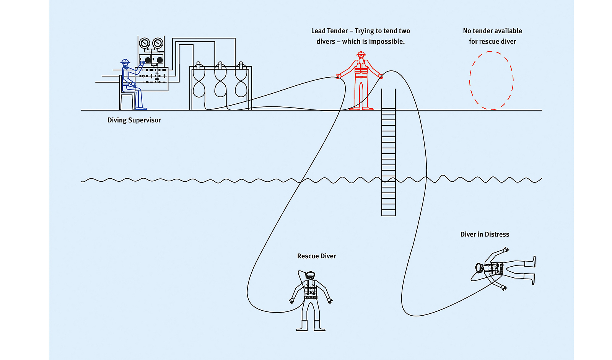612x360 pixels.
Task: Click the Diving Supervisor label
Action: pos(134,120)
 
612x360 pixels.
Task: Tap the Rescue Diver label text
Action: pos(316,256)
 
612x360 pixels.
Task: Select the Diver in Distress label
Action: pos(485,235)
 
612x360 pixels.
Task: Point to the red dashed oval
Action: pos(492,80)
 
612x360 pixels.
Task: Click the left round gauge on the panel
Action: pos(145,43)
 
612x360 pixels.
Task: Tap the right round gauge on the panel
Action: pos(158,43)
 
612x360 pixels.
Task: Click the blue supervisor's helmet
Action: pos(125,61)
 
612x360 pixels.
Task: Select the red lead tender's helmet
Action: pos(361,54)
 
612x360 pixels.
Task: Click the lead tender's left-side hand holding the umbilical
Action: pos(339,77)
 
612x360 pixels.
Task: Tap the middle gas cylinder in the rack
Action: pos(220,80)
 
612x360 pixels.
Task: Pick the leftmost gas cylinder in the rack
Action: pos(199,80)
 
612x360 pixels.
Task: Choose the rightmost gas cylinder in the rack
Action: pos(241,80)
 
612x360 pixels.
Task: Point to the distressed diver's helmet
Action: pos(479,268)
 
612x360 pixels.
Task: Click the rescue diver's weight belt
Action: pos(311,297)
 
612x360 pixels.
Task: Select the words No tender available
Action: pos(492,31)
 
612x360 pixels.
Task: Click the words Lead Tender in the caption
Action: pos(329,31)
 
